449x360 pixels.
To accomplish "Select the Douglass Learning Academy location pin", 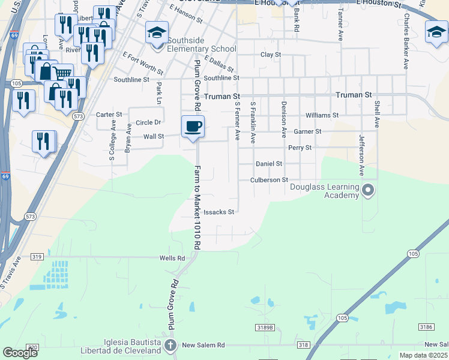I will pyautogui.click(x=369, y=191).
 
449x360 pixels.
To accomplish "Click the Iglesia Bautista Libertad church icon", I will pyautogui.click(x=171, y=345).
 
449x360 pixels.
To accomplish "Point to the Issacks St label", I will pyautogui.click(x=218, y=212).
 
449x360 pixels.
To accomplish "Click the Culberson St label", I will pyautogui.click(x=269, y=179).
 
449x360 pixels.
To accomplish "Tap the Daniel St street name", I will pyautogui.click(x=269, y=163).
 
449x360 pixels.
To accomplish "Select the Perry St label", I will pyautogui.click(x=300, y=147).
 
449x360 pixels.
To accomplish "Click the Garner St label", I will pyautogui.click(x=307, y=131).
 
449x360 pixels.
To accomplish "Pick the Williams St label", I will pyautogui.click(x=322, y=115).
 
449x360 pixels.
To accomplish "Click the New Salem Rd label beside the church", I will pyautogui.click(x=203, y=345).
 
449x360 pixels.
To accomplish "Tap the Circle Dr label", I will pyautogui.click(x=148, y=122).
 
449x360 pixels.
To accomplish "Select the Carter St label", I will pyautogui.click(x=109, y=114).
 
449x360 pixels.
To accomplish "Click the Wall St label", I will pyautogui.click(x=154, y=136).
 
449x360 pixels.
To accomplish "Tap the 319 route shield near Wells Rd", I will pyautogui.click(x=37, y=257).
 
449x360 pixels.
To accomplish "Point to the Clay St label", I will pyautogui.click(x=271, y=55).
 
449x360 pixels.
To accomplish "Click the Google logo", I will pyautogui.click(x=20, y=353).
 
